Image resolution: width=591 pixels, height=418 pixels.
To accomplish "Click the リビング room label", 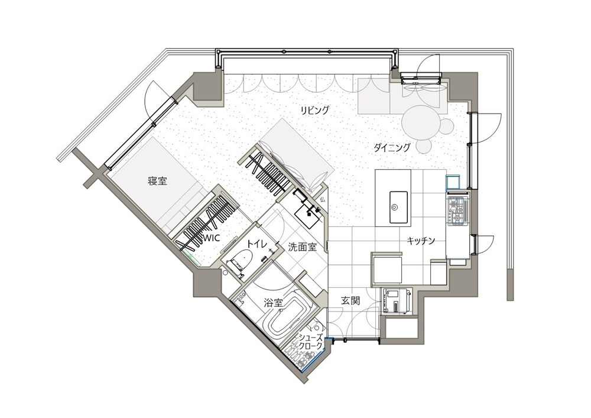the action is (315, 111).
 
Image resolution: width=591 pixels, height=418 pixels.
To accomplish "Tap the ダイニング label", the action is (392, 147).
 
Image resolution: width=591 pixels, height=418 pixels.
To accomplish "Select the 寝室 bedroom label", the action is (158, 182).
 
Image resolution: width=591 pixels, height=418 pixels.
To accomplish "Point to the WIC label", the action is (211, 238).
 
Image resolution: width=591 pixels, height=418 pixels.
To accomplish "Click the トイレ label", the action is (257, 244).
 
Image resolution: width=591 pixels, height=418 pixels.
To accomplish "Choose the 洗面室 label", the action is (302, 247).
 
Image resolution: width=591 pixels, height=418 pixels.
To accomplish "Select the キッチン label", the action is (421, 241).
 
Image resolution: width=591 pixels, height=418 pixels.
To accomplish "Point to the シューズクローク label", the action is (311, 342).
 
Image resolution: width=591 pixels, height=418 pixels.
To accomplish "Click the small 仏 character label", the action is (322, 199).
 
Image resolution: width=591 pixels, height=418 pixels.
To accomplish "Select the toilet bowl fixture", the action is (240, 261).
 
